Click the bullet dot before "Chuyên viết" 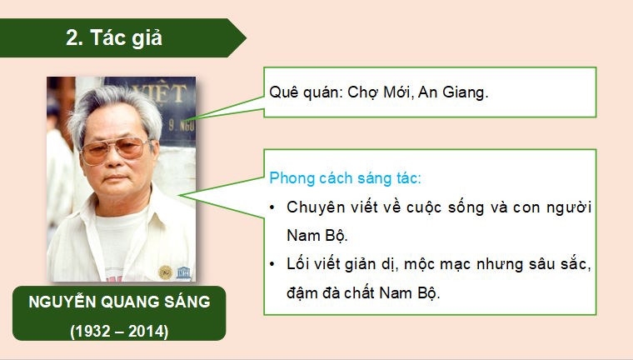[274, 207]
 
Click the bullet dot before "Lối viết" [274, 265]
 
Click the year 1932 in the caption [92, 330]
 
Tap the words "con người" [560, 207]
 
